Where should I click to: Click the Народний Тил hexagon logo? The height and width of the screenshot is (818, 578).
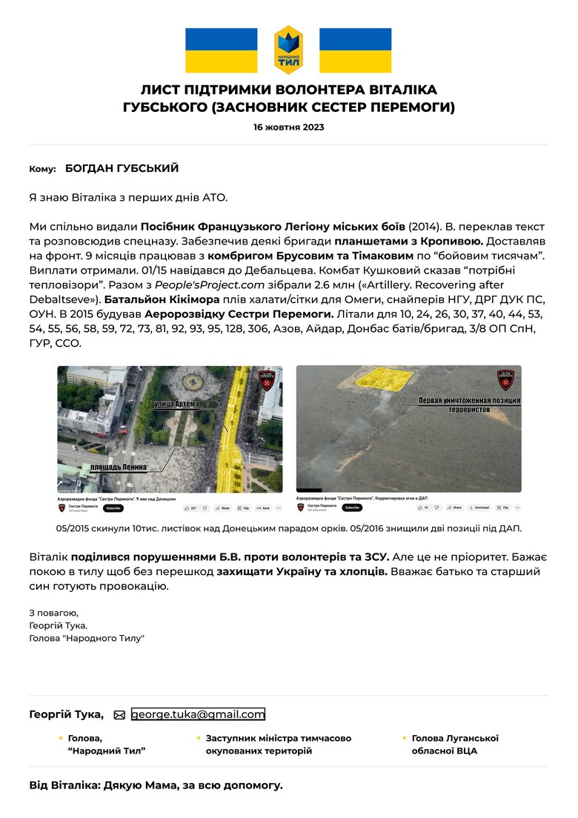(288, 50)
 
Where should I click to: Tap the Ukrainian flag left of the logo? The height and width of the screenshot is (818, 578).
(221, 50)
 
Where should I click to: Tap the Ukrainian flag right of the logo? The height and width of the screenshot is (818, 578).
(355, 50)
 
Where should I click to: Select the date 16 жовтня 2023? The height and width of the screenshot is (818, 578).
(288, 127)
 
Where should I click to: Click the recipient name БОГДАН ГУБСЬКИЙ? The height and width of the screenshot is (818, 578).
(122, 169)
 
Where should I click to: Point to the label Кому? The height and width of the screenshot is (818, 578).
(42, 170)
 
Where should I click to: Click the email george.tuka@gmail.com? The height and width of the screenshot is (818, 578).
(198, 714)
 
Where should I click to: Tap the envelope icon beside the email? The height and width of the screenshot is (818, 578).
(119, 715)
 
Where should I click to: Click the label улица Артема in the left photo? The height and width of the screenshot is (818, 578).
(182, 404)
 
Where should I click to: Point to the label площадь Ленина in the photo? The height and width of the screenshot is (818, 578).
(119, 468)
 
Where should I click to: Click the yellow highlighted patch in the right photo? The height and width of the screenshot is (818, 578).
(384, 379)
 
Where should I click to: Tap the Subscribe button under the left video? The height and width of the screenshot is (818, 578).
(113, 508)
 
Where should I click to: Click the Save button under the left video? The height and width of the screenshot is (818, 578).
(266, 508)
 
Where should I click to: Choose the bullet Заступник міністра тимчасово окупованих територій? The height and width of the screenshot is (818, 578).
(279, 745)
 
